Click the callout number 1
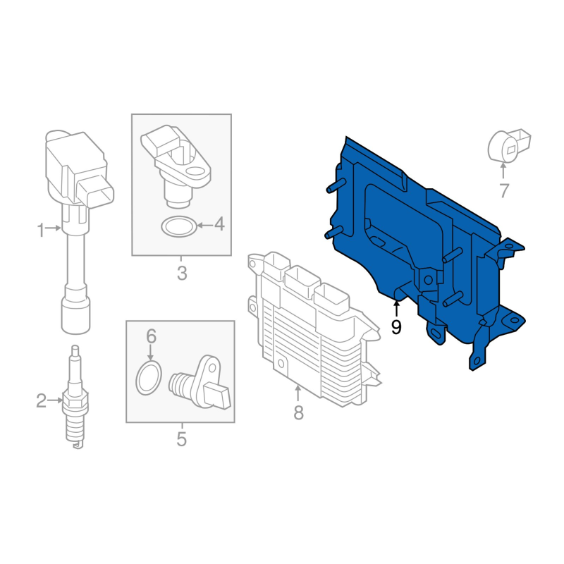41,230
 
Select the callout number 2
42,400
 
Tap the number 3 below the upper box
182,274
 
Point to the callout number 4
219,224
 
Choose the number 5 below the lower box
181,439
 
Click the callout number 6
151,336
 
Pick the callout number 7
504,190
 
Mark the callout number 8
298,412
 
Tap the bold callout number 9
396,327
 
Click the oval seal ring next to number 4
179,226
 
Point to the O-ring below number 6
149,379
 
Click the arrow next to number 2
55,400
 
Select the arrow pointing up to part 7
503,171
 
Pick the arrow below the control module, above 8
298,393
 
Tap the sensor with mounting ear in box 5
200,383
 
